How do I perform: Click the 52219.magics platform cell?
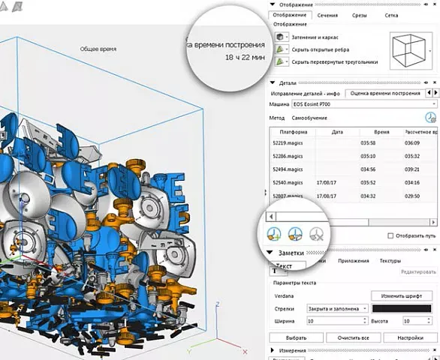pyautogui.click(x=288, y=142)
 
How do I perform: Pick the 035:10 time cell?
pyautogui.click(x=368, y=155)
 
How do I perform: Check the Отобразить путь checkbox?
pyautogui.click(x=390, y=235)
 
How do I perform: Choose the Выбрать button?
pyautogui.click(x=296, y=337)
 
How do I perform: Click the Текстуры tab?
pyautogui.click(x=390, y=261)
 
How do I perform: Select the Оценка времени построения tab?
pyautogui.click(x=384, y=93)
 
